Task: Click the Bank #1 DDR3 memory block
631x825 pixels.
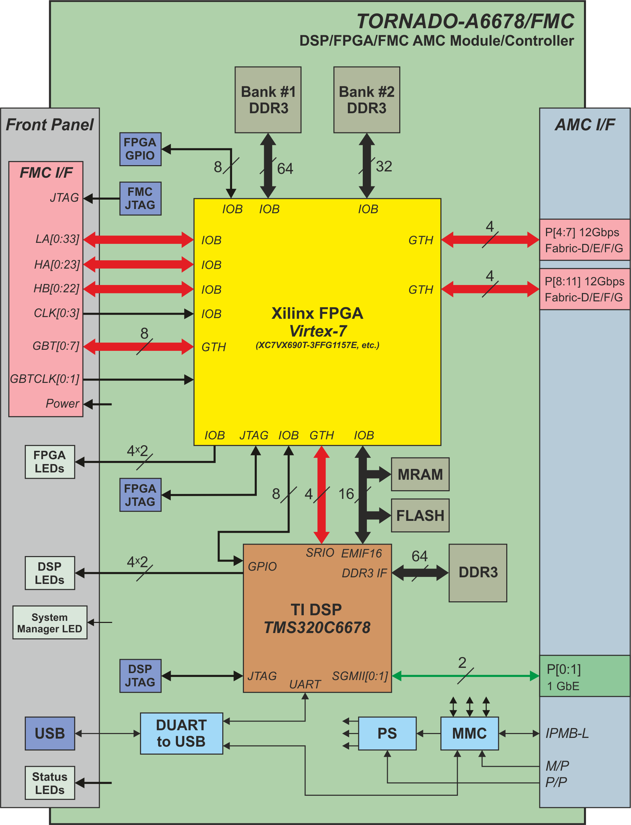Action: point(268,100)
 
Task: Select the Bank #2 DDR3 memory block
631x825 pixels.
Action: point(367,100)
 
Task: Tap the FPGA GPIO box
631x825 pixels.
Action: point(140,149)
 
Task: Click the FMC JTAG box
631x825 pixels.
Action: point(140,198)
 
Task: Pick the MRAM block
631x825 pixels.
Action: point(420,474)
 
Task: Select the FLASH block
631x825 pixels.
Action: point(420,515)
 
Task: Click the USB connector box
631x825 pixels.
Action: point(50,733)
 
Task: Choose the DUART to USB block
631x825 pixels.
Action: point(182,733)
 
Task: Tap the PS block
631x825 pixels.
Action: point(387,733)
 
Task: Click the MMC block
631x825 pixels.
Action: point(469,733)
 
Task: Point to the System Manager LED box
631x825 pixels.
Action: point(49,623)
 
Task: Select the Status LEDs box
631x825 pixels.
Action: point(49,783)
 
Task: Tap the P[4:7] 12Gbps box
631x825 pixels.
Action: point(585,240)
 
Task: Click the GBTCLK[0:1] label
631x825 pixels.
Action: point(45,379)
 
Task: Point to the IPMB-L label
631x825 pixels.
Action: point(567,733)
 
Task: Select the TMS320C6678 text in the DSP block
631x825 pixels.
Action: point(317,627)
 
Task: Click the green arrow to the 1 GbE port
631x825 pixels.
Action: point(466,676)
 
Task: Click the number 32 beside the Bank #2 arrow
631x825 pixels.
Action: point(384,166)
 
